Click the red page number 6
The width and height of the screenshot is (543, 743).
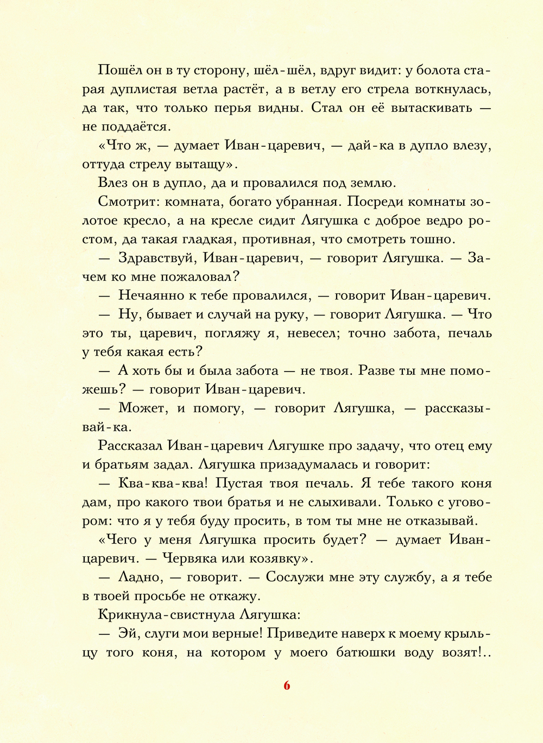tap(287, 685)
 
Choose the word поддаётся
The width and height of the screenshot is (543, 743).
tap(136, 127)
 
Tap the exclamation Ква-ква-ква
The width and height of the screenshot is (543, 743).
tap(163, 483)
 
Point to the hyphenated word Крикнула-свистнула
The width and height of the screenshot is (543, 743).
tap(167, 615)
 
